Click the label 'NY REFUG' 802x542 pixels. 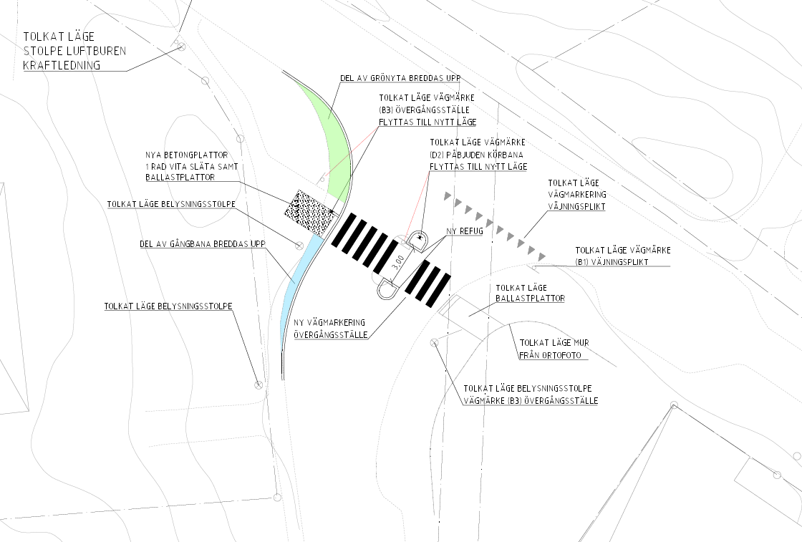coord(465,231)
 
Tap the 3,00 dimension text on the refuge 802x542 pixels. coord(398,262)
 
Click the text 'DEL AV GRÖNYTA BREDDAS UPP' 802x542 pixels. coord(400,78)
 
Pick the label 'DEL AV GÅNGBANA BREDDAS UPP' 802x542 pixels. coord(203,244)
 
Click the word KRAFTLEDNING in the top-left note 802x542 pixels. coord(62,65)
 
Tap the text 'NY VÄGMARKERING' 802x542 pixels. coord(329,323)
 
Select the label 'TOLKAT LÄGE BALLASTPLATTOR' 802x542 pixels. coord(530,293)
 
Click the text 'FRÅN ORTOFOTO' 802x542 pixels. coord(551,355)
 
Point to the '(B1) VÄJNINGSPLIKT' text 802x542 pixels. coord(612,262)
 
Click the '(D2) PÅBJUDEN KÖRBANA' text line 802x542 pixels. coord(476,155)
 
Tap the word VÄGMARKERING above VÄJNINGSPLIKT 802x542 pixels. coord(577,194)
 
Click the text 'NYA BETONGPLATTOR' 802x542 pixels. coord(187,155)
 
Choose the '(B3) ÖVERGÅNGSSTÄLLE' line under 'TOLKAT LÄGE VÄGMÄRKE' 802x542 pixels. coord(424,110)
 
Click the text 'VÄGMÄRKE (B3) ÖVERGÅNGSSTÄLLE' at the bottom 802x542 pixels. coord(531,401)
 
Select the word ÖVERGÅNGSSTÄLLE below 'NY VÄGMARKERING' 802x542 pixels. coord(330,335)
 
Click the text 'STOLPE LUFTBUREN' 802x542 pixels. coord(74,51)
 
